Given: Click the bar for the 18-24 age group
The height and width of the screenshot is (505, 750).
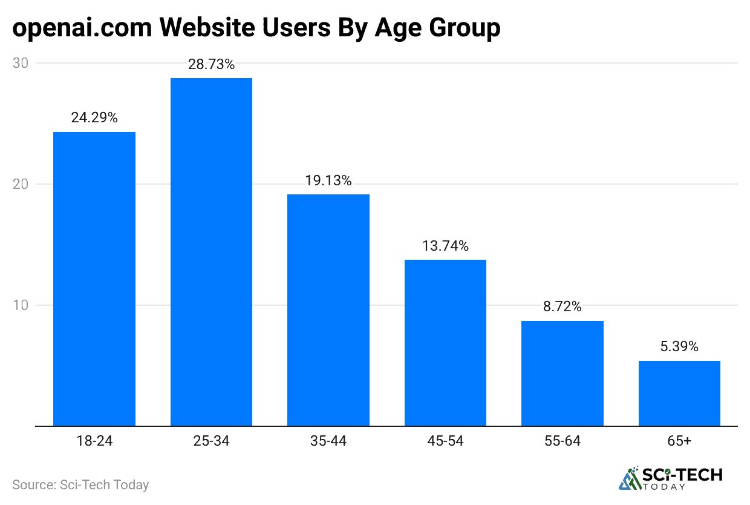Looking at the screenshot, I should coord(94,279).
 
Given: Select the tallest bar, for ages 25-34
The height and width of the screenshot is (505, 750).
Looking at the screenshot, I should coord(211,252).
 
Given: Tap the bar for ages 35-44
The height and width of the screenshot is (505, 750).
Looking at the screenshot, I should coord(328,310).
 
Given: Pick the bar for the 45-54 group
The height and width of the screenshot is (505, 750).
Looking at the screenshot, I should coord(445,343).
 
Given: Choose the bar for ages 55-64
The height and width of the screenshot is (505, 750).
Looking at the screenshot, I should coord(562,373).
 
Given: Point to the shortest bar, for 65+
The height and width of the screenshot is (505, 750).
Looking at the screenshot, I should coord(679,393).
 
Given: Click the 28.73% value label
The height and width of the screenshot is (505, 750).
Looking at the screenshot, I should coord(211,64).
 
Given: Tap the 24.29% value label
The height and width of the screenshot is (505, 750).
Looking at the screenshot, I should coord(94,118).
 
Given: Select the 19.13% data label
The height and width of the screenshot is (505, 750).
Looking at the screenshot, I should coord(328,180).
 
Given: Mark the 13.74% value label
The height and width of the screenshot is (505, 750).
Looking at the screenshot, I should coord(445,246).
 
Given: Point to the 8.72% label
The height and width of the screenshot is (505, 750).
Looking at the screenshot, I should coord(562,306).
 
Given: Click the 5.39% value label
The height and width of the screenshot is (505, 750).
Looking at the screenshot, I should coord(679,347).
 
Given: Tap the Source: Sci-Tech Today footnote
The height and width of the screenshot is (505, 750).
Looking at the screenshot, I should coord(80,484).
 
